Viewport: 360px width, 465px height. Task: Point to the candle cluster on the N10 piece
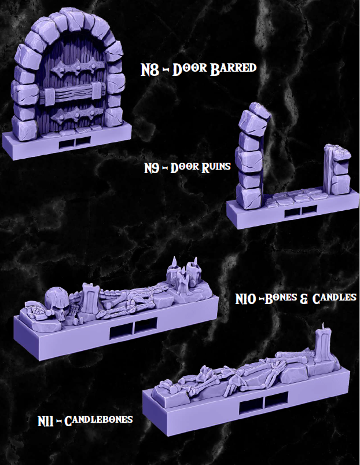(183, 276)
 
